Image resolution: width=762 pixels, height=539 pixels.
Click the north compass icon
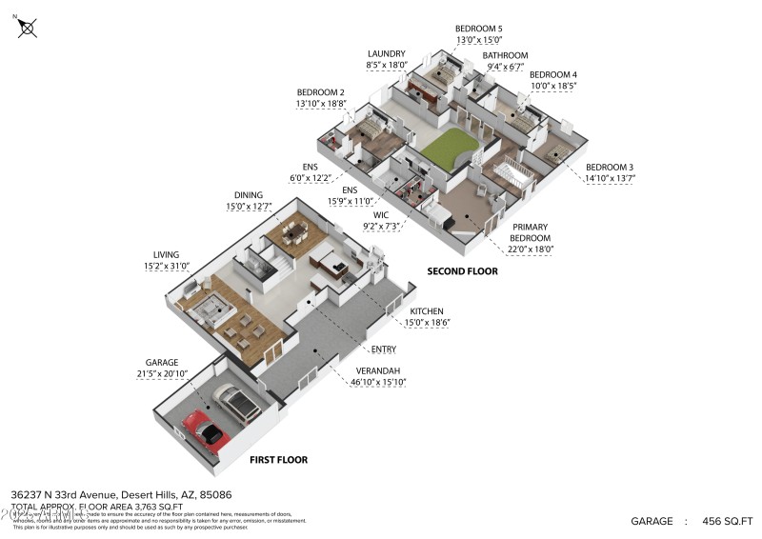tap(28, 28)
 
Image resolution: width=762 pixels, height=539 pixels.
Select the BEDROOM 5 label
tap(478, 30)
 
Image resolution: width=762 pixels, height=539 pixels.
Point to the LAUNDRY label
tap(387, 53)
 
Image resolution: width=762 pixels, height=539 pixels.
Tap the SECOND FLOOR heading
tap(462, 271)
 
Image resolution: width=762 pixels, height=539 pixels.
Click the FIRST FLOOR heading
tap(278, 460)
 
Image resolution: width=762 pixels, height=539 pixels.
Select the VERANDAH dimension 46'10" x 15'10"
tap(373, 382)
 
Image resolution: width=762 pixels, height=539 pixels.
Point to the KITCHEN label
tap(427, 311)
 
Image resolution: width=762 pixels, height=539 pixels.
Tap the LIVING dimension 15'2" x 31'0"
tap(169, 267)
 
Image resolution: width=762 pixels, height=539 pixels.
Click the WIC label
tap(381, 215)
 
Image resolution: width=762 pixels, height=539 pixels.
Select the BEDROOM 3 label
tap(610, 167)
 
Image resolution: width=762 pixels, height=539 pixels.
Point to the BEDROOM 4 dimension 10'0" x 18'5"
tap(553, 86)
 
